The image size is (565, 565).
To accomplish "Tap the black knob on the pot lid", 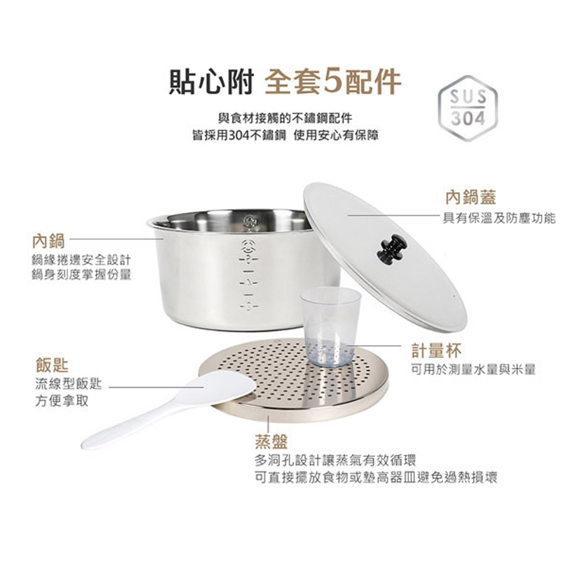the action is click(x=392, y=248).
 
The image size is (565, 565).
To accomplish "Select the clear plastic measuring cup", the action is click(x=331, y=327).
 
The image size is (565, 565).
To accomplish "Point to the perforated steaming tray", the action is click(x=294, y=380).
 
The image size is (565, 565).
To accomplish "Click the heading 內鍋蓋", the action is click(x=471, y=197).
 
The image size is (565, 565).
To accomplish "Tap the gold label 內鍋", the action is click(x=48, y=241).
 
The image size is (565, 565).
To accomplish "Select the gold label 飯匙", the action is click(x=52, y=365).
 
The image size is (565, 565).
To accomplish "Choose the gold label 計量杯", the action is click(x=436, y=350).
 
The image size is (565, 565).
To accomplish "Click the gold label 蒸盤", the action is click(x=271, y=441).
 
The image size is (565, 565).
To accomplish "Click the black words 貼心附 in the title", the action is click(x=211, y=81).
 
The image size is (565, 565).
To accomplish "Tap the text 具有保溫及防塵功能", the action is click(x=499, y=218).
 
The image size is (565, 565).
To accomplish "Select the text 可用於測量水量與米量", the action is click(x=473, y=370).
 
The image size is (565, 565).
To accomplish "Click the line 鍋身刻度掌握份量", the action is click(x=81, y=275).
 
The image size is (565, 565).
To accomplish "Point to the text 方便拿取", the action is click(x=62, y=401).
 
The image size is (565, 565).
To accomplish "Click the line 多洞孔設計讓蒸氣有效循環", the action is click(x=335, y=460).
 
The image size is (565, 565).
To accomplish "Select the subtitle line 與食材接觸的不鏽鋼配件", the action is click(x=285, y=118).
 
